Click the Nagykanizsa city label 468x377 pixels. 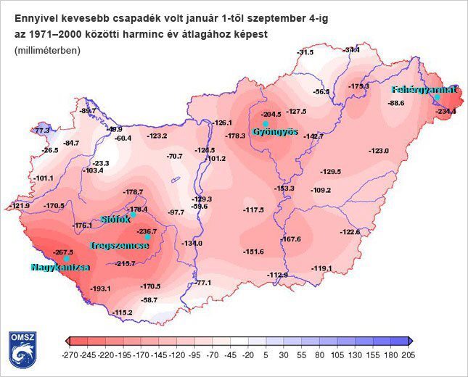coord(60,268)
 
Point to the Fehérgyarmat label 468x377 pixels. coord(424,90)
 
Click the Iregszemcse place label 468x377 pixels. coord(120,246)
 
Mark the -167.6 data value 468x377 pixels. coord(291,239)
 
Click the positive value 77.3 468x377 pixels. coord(43,130)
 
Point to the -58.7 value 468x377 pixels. coord(149,299)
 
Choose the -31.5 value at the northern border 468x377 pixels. coord(305,52)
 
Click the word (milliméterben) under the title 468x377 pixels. coord(47,50)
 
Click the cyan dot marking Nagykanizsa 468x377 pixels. coord(66,259)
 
